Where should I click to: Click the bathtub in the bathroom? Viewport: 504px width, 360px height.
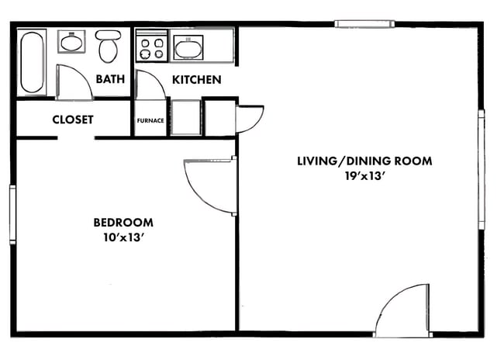[33, 61]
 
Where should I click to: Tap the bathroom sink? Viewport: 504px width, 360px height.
[73, 43]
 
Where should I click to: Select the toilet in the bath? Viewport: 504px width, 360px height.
[107, 47]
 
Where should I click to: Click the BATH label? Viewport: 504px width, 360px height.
[111, 79]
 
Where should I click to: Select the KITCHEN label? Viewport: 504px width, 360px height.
[196, 79]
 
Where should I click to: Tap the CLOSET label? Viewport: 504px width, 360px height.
[73, 119]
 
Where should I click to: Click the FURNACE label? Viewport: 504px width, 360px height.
[150, 120]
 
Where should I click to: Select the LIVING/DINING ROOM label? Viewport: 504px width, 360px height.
[364, 161]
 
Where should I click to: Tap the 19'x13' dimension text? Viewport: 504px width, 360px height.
[364, 177]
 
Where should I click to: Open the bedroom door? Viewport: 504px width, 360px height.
[209, 186]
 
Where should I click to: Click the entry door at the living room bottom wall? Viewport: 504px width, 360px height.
[402, 310]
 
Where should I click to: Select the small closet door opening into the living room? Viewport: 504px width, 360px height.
[250, 119]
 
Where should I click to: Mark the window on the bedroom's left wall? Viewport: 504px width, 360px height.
[12, 215]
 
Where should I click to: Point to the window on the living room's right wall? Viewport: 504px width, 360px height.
[481, 169]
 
